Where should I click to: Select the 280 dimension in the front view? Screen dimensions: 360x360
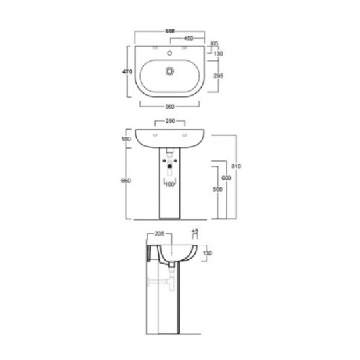tap(169, 121)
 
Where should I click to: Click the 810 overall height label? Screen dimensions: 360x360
tap(237, 166)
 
